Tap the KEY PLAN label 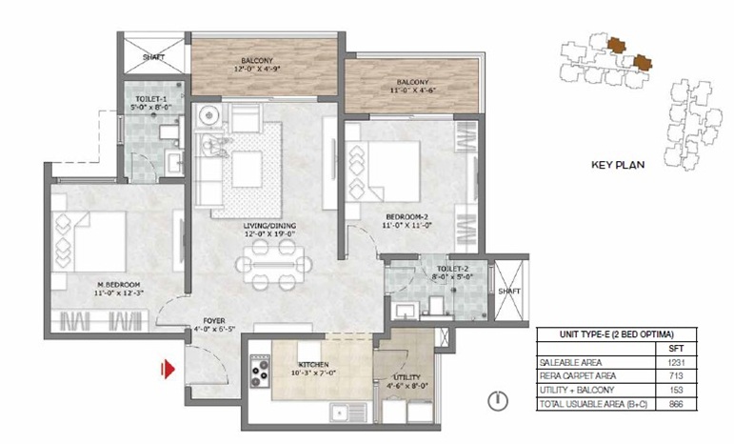pyautogui.click(x=617, y=164)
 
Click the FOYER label pyautogui.click(x=212, y=321)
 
